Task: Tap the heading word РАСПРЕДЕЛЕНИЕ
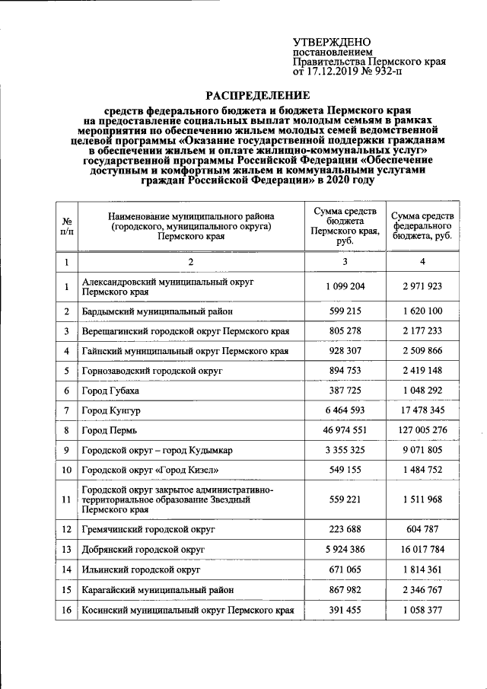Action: tap(259, 95)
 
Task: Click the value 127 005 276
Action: tap(422, 430)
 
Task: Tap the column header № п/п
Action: tap(66, 225)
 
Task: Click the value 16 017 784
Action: tap(422, 549)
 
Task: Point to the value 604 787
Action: tap(422, 529)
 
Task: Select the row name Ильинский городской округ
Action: tap(141, 569)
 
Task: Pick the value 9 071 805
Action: tap(422, 450)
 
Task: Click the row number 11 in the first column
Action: tap(67, 499)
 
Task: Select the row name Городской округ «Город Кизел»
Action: tap(148, 470)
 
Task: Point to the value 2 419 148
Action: tap(422, 371)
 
